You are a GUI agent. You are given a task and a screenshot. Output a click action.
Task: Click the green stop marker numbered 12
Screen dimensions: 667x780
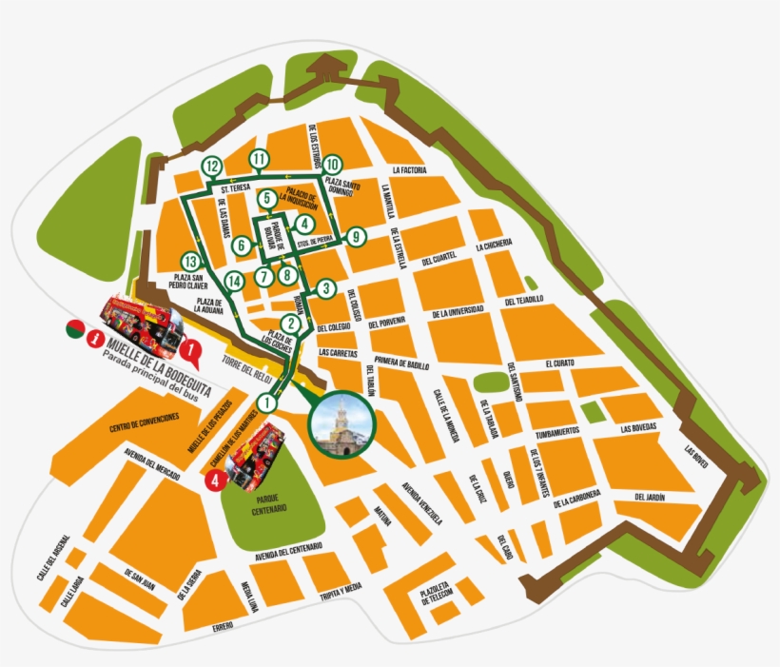[x=212, y=167]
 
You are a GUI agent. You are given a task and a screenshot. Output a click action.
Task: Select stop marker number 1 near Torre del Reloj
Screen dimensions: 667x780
[x=267, y=402]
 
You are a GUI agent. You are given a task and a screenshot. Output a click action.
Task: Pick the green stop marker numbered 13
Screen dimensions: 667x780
[x=192, y=261]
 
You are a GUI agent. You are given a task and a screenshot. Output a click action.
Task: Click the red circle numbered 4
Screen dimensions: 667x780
[x=216, y=481]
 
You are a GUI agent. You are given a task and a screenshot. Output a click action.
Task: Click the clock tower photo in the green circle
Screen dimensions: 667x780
[x=341, y=424]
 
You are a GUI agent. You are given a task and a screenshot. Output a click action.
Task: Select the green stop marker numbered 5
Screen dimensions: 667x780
[x=267, y=198]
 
